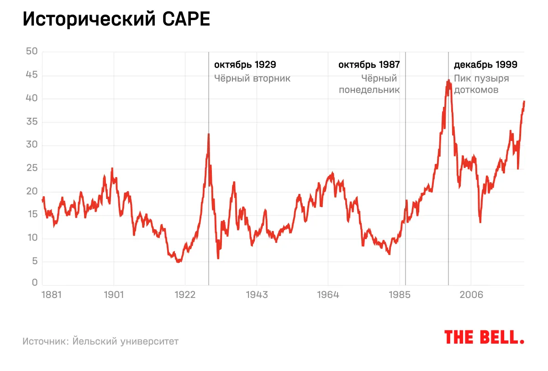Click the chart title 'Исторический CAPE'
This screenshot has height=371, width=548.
[116, 20]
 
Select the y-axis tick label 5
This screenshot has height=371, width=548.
[34, 262]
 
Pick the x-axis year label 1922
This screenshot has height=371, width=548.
[185, 295]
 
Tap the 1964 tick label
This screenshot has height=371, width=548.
[328, 295]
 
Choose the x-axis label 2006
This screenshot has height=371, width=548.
[471, 295]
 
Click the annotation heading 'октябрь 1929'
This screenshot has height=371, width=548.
[245, 65]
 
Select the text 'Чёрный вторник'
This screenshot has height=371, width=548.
[253, 78]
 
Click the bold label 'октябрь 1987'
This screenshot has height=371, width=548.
[369, 65]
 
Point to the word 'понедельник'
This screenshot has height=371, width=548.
[369, 90]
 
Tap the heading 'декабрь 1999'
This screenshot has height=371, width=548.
[485, 65]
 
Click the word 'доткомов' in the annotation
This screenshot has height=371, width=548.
[476, 90]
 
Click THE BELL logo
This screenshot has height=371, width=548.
[484, 337]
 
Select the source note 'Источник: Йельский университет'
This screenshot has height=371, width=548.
[100, 341]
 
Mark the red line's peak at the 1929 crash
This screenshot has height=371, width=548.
[209, 134]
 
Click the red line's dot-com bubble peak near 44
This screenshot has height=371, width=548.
[449, 80]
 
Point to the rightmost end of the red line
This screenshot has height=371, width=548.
[524, 101]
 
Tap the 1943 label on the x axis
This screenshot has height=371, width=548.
[257, 295]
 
